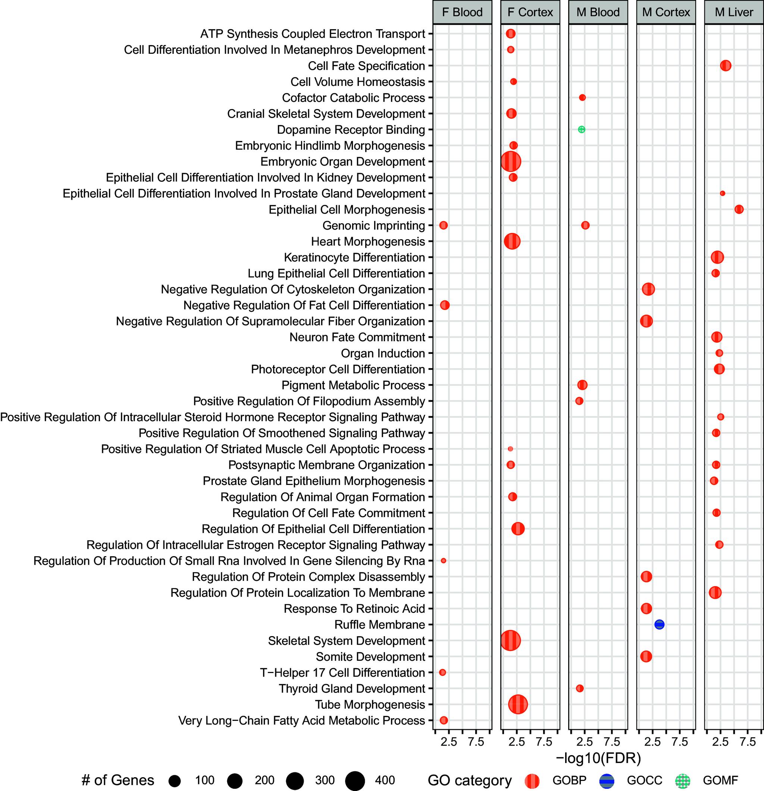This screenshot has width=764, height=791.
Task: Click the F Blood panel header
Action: click(462, 13)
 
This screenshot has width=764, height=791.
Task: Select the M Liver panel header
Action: click(734, 13)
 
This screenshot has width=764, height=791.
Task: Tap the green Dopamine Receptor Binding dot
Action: click(581, 130)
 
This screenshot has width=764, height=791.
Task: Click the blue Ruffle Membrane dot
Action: click(659, 624)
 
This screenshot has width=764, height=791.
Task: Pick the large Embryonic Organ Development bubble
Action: click(511, 161)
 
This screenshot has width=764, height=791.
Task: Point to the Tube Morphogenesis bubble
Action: click(517, 705)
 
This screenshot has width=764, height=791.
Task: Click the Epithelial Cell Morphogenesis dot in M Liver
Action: click(739, 209)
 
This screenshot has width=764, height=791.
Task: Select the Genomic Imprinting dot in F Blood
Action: click(443, 225)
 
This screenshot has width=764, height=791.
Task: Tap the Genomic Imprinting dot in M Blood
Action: click(585, 225)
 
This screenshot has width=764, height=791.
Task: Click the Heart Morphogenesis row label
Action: click(368, 242)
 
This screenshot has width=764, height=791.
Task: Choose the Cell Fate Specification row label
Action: click(366, 66)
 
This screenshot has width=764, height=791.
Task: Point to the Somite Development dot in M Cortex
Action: click(646, 657)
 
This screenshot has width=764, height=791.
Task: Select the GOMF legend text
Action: click(720, 781)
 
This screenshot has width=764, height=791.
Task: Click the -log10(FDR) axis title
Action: click(598, 758)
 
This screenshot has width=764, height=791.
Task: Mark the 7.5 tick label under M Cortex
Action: click(680, 742)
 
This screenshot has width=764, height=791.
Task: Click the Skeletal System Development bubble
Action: click(510, 641)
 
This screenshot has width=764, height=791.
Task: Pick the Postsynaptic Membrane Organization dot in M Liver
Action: click(716, 465)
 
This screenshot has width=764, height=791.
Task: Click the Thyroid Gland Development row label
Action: click(352, 688)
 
